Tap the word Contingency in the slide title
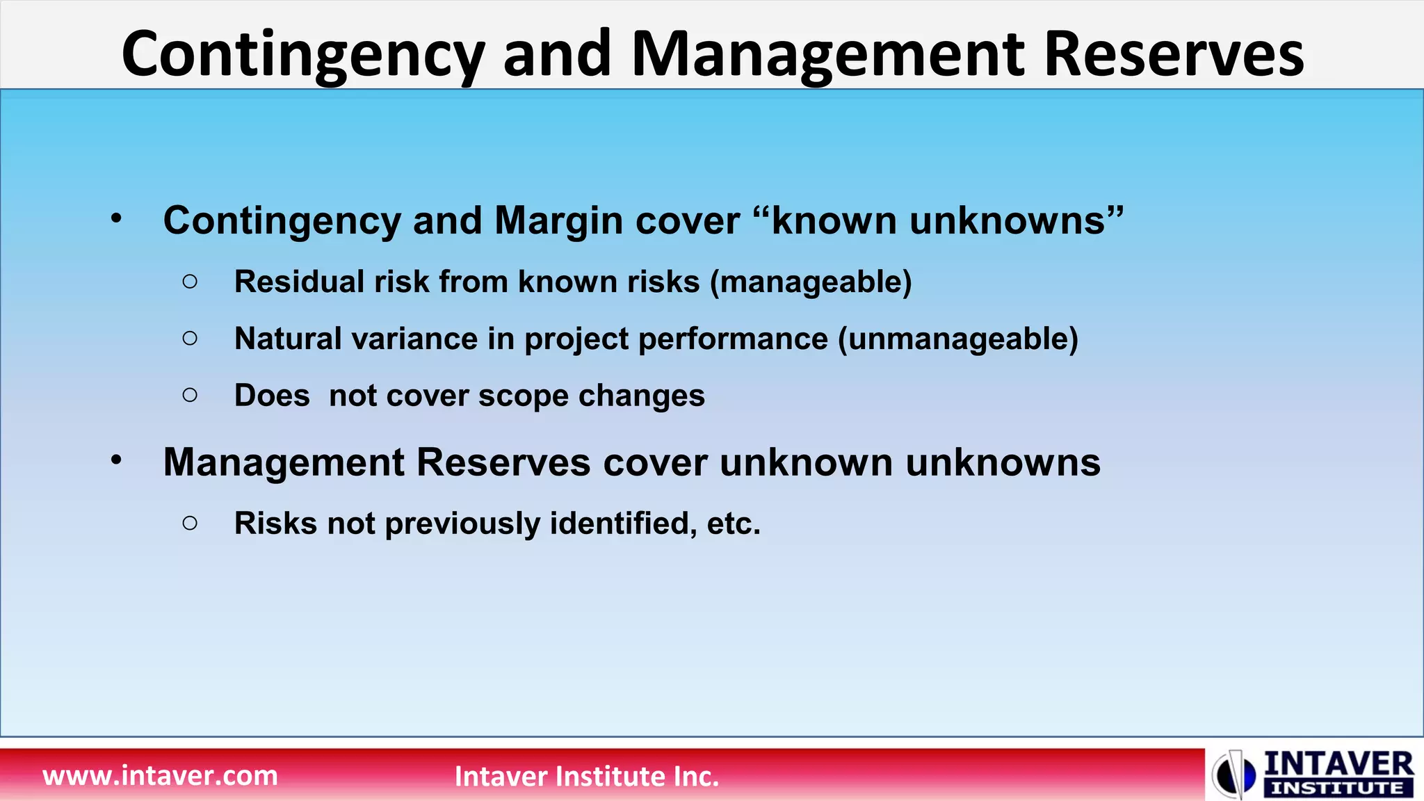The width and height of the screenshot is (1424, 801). click(x=302, y=56)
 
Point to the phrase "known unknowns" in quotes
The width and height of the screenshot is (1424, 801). click(x=939, y=221)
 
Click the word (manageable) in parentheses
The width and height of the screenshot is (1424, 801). click(x=811, y=282)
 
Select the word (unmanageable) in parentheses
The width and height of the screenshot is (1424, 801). click(x=958, y=339)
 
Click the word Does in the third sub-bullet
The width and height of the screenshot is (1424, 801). click(x=272, y=396)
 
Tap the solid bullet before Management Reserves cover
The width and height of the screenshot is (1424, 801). click(x=116, y=460)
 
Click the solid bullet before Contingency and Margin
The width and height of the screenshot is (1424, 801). click(x=116, y=218)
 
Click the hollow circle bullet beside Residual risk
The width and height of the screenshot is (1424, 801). click(x=190, y=282)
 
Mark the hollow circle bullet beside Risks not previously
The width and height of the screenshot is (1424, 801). click(x=190, y=523)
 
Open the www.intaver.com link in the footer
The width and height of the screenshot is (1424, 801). click(x=160, y=775)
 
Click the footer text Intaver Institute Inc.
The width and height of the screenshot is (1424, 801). click(x=586, y=776)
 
